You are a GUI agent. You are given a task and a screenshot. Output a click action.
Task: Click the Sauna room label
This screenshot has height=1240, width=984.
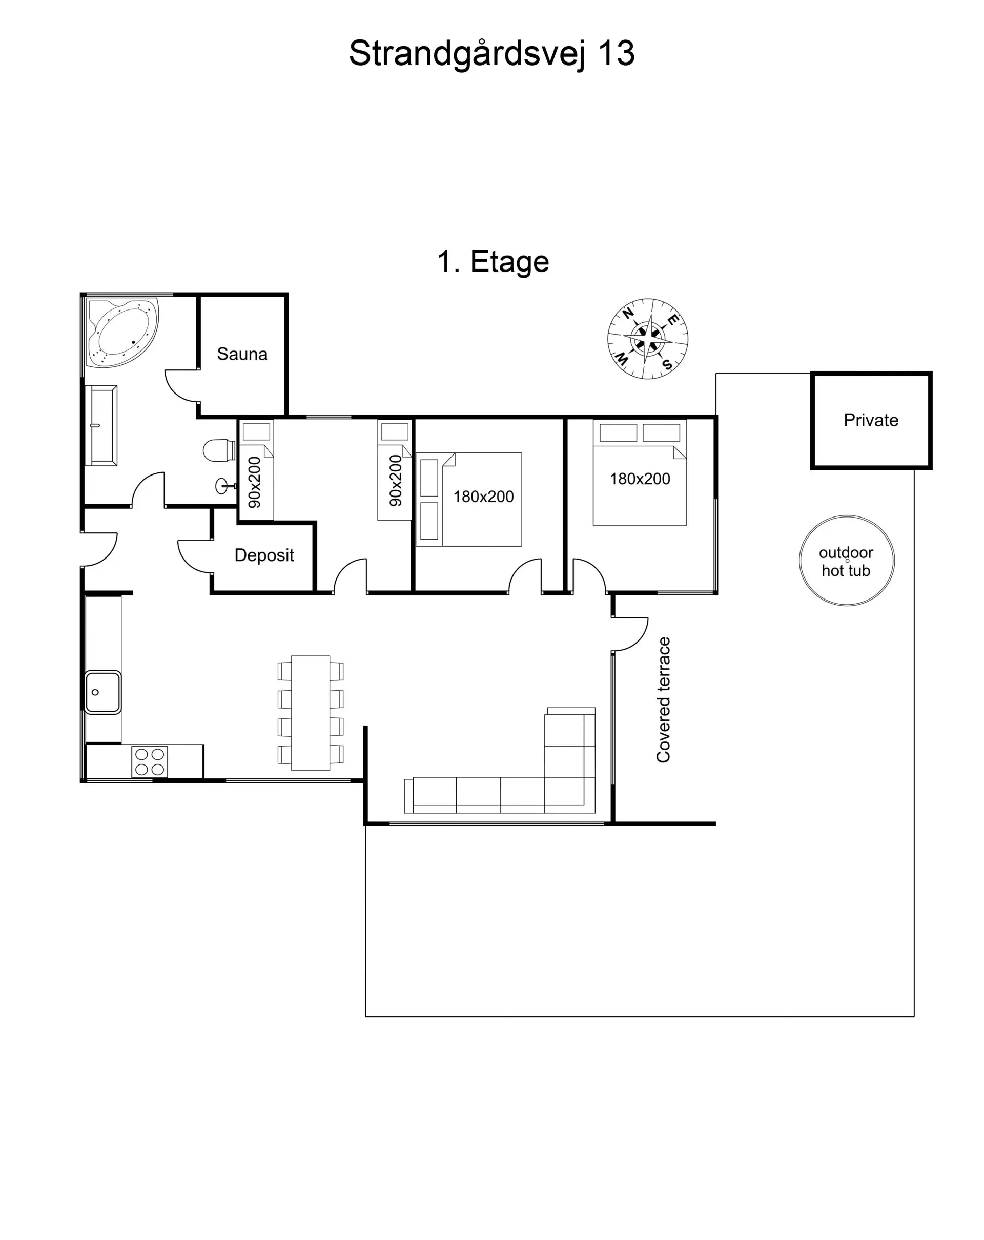[242, 354]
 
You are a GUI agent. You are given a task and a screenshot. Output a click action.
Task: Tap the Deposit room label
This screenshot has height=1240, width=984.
[264, 555]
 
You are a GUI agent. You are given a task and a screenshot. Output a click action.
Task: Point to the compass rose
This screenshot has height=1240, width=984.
[648, 339]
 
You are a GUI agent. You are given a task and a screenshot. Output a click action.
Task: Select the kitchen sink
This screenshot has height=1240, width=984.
[102, 692]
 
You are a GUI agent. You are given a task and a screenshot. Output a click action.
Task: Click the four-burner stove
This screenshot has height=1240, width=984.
[150, 761]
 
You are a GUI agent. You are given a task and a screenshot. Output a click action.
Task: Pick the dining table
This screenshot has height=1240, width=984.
[311, 713]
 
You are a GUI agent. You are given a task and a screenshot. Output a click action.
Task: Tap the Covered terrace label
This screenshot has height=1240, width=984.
[664, 699]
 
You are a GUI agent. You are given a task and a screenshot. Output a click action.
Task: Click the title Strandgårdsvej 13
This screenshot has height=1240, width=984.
[491, 53]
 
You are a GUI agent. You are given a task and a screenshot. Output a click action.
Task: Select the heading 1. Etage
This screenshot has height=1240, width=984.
[493, 262]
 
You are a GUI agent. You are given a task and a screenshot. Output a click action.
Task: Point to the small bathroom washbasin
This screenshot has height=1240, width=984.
[222, 486]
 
